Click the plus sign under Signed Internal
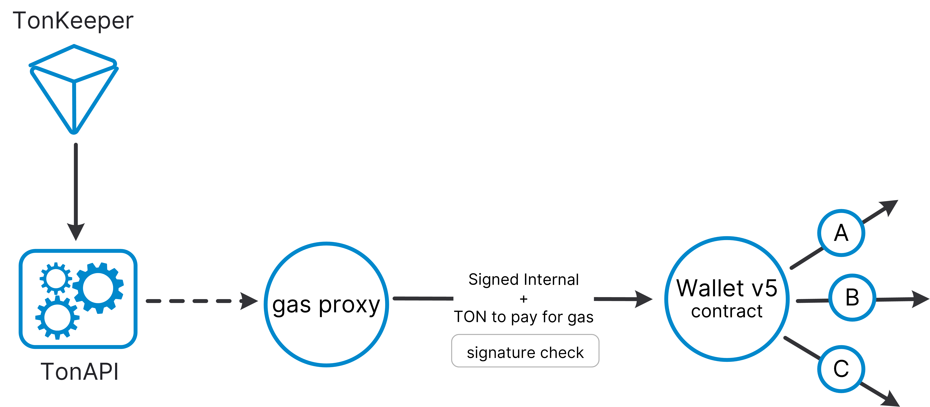(523, 299)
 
